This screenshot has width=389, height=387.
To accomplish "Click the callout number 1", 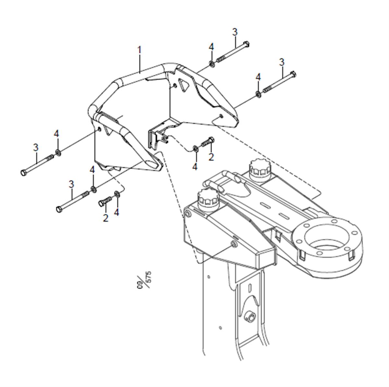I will [140, 50].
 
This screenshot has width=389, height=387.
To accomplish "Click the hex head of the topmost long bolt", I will [246, 44].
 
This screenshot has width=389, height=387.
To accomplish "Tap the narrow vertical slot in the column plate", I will [249, 288].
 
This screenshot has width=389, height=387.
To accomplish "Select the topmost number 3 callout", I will [235, 32].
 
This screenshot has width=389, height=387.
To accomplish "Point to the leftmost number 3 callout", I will [36, 148].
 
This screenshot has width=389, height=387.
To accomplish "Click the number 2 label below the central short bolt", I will [211, 157].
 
